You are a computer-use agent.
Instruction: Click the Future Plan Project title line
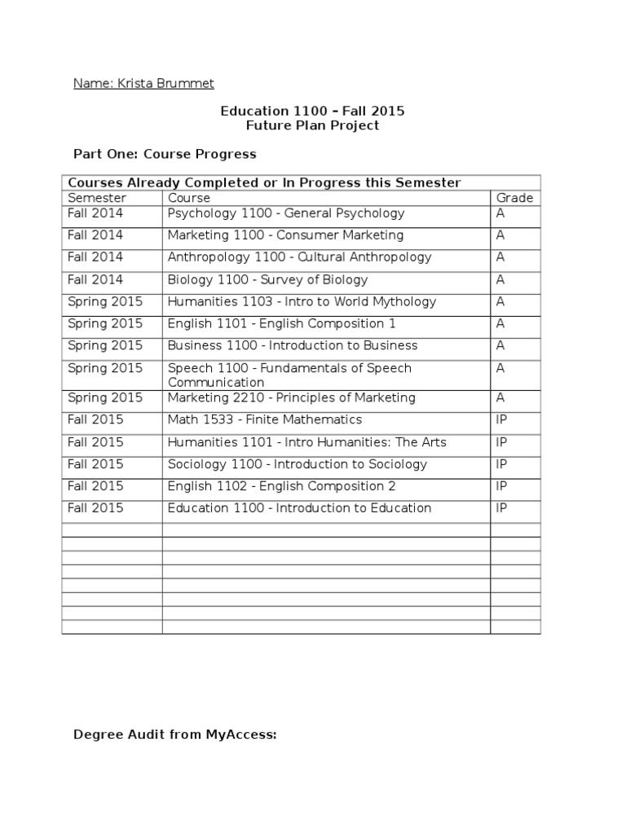coord(312,125)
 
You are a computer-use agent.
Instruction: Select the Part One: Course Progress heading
coord(165,154)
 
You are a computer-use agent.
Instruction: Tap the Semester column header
coord(97,198)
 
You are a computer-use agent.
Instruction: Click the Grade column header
coord(514,198)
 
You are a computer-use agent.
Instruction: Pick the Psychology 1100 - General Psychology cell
coord(285,213)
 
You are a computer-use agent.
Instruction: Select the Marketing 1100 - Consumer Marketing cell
coord(285,235)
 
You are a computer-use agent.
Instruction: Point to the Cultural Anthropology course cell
coord(299,257)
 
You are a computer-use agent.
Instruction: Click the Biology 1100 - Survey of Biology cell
coord(267,279)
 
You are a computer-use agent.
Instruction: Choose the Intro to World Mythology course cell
coord(302,301)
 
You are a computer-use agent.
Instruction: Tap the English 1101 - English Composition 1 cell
coord(281,323)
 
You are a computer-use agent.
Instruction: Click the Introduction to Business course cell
coord(293,345)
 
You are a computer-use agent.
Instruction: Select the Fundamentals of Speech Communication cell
coord(289,375)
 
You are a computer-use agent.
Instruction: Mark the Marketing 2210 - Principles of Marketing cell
coord(291,397)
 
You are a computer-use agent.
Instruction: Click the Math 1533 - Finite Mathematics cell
coord(264,419)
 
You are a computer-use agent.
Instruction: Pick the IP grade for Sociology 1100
coord(502,464)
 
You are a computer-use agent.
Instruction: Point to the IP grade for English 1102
coord(502,486)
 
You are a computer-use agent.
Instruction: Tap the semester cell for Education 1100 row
coord(95,508)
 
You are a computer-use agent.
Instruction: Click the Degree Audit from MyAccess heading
coord(175,735)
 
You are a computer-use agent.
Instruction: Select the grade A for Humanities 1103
coord(500,301)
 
